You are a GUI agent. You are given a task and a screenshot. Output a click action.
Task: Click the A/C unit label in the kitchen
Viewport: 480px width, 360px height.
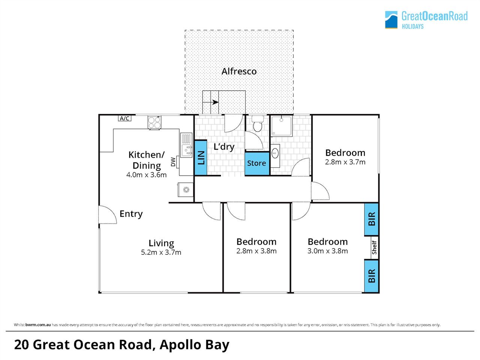tap(124, 118)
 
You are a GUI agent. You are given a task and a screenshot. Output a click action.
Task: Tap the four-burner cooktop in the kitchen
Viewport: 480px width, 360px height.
tap(154, 122)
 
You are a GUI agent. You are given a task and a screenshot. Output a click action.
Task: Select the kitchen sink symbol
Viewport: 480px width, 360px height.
tap(186, 145)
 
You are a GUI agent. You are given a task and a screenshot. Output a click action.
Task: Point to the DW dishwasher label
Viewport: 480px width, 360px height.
tap(173, 162)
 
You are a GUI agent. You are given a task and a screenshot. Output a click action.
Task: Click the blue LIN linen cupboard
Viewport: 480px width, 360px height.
tap(201, 158)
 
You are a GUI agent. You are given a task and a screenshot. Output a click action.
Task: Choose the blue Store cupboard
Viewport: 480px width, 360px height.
tap(257, 163)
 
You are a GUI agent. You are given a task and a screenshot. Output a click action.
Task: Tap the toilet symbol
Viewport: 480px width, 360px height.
tap(257, 124)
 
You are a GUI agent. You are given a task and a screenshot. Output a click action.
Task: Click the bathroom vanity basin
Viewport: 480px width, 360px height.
tap(275, 153)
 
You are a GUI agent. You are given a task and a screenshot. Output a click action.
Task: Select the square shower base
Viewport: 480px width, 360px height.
tap(282, 126)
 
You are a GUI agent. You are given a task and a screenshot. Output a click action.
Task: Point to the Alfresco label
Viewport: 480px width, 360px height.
tap(239, 72)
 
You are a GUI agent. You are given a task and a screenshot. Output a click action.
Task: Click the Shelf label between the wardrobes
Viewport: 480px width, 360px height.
tap(374, 248)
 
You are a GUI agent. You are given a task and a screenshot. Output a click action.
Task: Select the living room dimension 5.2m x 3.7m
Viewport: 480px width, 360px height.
tap(161, 252)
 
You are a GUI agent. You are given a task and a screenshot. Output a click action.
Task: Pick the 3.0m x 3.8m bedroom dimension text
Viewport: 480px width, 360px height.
tap(328, 251)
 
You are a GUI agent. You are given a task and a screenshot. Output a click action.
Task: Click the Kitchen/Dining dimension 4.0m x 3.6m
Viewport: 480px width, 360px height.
tap(147, 175)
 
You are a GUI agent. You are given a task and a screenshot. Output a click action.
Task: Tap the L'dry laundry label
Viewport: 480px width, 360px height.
tap(224, 147)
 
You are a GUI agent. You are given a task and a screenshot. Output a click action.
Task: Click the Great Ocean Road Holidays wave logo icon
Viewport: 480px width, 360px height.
tap(391, 20)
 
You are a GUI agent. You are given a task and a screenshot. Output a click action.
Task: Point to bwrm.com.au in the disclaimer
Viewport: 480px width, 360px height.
tap(38, 325)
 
